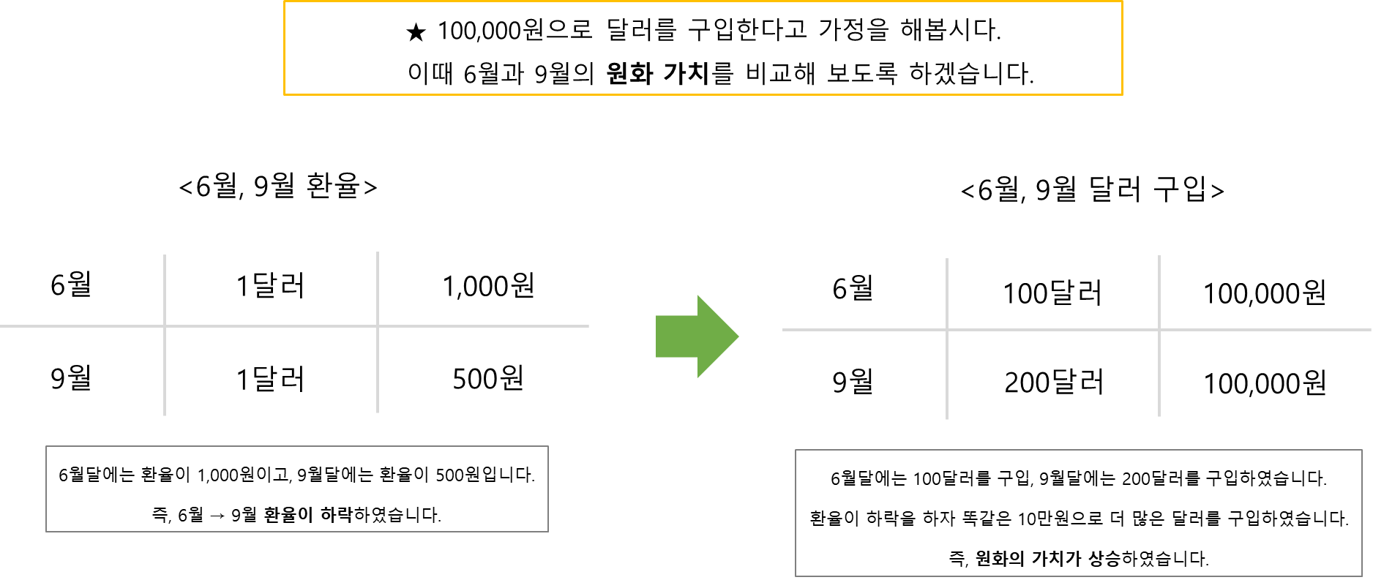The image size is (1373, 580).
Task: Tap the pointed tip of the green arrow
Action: pyautogui.click(x=738, y=336)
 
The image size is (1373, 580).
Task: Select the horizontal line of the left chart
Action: pyautogui.click(x=271, y=326)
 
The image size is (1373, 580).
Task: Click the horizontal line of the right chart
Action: pyautogui.click(x=1054, y=330)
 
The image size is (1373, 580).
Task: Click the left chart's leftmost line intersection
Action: pyautogui.click(x=165, y=326)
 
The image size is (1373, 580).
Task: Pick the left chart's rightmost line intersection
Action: pyautogui.click(x=378, y=326)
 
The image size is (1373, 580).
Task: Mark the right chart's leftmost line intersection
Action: pyautogui.click(x=947, y=330)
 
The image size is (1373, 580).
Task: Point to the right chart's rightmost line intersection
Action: pyautogui.click(x=1159, y=330)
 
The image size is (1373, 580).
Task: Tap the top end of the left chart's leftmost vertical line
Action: pyautogui.click(x=165, y=256)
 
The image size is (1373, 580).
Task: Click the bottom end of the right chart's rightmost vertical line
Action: pyautogui.click(x=1159, y=415)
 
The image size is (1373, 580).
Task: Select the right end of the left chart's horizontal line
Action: pyautogui.click(x=588, y=326)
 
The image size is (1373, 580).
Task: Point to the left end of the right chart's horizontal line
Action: pyautogui.click(x=784, y=330)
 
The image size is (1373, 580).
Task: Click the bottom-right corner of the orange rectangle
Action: pyautogui.click(x=1122, y=94)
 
